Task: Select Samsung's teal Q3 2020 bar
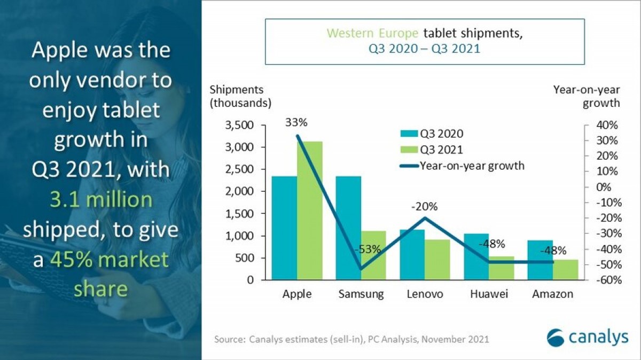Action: point(348,228)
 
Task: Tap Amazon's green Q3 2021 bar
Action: point(565,269)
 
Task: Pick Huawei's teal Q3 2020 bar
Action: point(476,256)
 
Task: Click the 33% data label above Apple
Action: point(296,122)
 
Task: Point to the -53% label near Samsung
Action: point(368,249)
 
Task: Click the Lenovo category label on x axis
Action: point(425,294)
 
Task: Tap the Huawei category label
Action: point(489,294)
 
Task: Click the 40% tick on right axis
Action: point(606,126)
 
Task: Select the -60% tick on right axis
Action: point(605,280)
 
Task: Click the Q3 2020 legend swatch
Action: point(409,134)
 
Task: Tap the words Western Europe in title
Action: point(373,34)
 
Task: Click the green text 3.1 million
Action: point(100,200)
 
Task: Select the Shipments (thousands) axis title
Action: point(240,96)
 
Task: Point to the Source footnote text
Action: point(351,339)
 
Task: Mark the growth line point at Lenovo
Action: point(425,217)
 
